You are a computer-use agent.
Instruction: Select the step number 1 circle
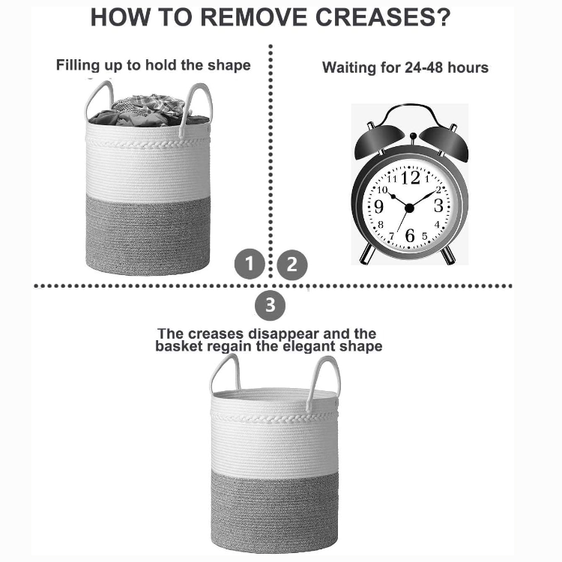click(x=250, y=264)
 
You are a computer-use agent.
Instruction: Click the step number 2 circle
click(x=292, y=265)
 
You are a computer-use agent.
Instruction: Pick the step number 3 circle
click(x=270, y=306)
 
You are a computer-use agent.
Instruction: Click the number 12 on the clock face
click(x=411, y=178)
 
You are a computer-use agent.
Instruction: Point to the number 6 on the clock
click(x=410, y=235)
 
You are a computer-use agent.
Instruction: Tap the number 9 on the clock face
click(x=378, y=207)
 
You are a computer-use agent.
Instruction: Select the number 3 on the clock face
click(x=438, y=206)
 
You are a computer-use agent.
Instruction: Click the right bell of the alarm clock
click(x=444, y=142)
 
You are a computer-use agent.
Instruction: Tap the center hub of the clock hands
click(x=409, y=208)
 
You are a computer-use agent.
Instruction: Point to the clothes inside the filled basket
click(x=149, y=110)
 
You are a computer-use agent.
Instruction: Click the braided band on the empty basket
click(x=274, y=418)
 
